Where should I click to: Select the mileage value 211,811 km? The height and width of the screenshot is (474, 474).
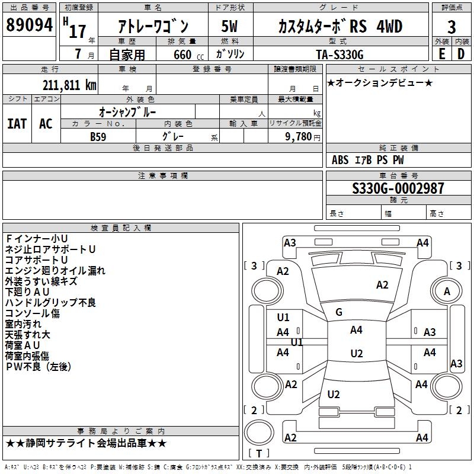coord(69,85)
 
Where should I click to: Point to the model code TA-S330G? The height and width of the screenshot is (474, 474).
coord(340,54)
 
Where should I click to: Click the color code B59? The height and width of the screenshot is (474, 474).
coord(98,136)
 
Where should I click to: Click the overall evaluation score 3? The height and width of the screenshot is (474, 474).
coord(451,26)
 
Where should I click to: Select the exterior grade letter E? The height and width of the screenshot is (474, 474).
coord(441,54)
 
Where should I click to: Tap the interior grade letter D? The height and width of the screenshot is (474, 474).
coord(461,54)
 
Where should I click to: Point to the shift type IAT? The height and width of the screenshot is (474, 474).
coord(17,124)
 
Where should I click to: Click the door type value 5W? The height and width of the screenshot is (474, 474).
coord(230,26)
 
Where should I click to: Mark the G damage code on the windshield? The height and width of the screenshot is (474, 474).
coord(339,312)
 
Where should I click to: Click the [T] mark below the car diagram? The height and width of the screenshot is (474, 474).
coord(258,453)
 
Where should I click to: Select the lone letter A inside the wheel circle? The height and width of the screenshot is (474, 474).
coord(447,291)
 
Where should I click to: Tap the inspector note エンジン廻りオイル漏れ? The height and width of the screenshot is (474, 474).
coord(55,271)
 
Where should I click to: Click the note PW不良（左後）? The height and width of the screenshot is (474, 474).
coord(38,367)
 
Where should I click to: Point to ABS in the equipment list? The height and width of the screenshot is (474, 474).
coord(340,160)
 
